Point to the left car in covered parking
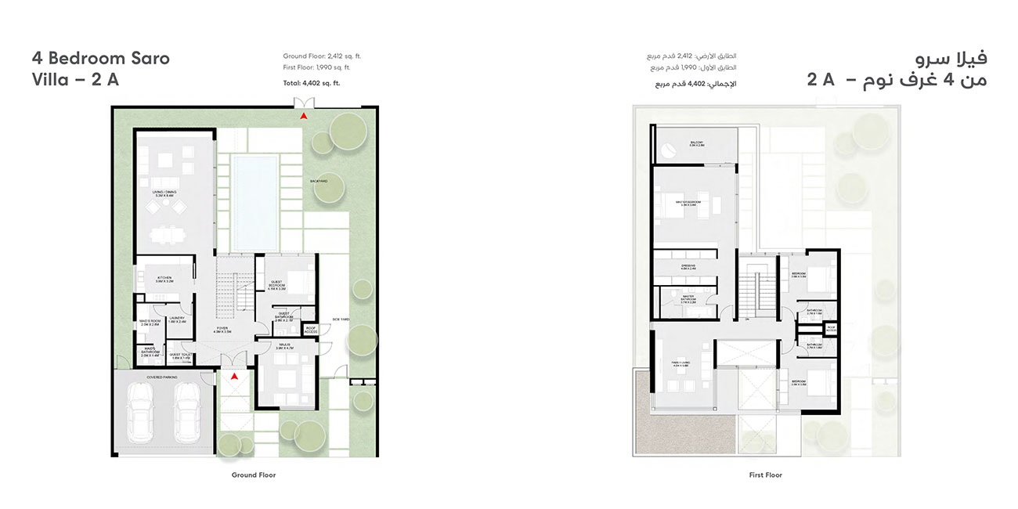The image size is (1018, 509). (x=146, y=412)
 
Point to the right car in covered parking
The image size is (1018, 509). (x=188, y=412)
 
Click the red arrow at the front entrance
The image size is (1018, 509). (x=233, y=377)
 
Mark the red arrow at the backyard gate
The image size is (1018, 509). (x=302, y=116)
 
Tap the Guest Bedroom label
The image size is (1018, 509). (x=277, y=285)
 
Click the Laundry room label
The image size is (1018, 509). (x=177, y=318)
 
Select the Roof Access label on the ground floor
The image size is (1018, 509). (x=311, y=330)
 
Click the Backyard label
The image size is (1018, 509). (x=318, y=181)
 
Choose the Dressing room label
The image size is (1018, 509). (x=689, y=266)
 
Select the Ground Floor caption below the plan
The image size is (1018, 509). (x=254, y=475)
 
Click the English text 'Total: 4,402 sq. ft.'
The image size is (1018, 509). (x=312, y=82)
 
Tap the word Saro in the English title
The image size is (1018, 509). (x=148, y=58)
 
